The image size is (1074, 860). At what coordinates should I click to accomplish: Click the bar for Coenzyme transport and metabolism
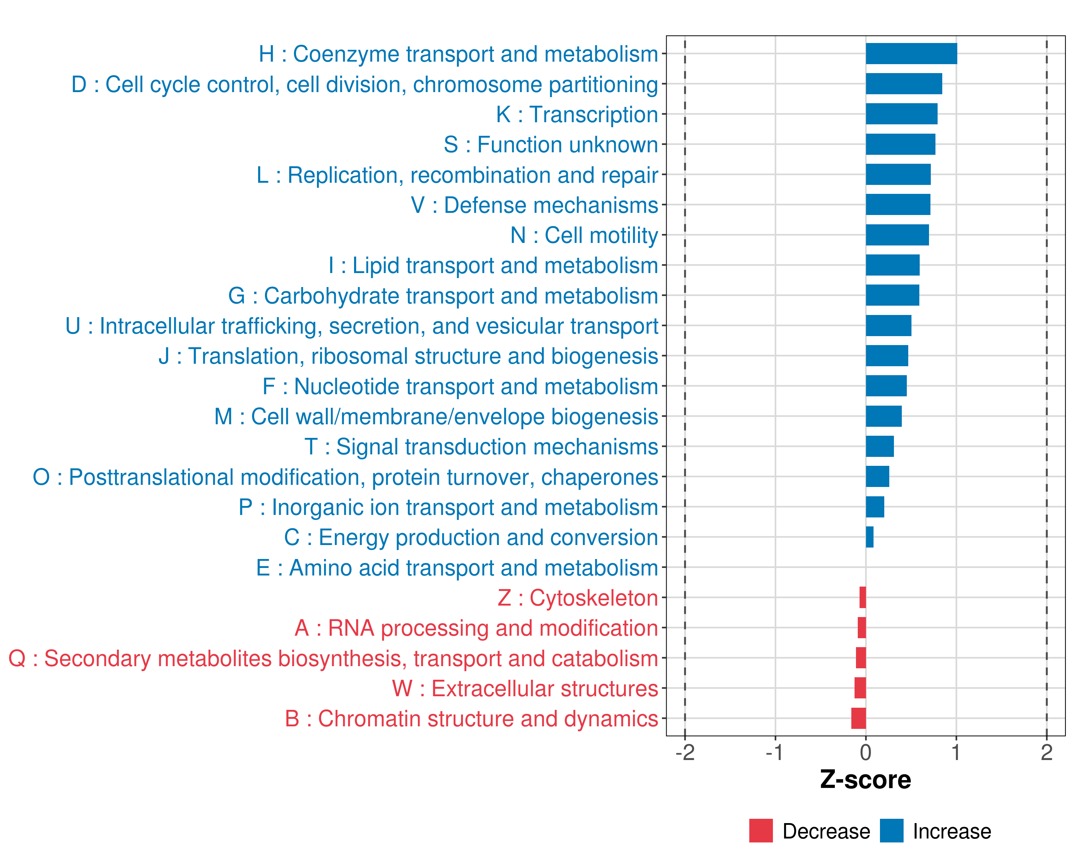(911, 54)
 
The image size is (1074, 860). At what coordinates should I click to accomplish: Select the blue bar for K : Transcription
(901, 114)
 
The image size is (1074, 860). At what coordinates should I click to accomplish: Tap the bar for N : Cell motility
(897, 235)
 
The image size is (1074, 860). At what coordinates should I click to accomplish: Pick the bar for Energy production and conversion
(869, 537)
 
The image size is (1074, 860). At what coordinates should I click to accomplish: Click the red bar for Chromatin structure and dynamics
(858, 718)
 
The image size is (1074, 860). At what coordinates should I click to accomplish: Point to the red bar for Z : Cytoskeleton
(862, 597)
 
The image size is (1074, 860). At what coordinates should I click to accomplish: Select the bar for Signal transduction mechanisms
(879, 446)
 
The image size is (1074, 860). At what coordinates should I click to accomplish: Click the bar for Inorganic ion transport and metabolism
(875, 507)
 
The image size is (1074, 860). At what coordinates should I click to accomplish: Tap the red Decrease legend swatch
(761, 831)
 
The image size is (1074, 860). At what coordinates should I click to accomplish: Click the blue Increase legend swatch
(891, 831)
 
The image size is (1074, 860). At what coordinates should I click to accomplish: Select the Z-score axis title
(865, 780)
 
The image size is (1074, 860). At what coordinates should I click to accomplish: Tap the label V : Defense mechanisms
(534, 205)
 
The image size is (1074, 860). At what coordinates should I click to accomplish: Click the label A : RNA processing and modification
(476, 628)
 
